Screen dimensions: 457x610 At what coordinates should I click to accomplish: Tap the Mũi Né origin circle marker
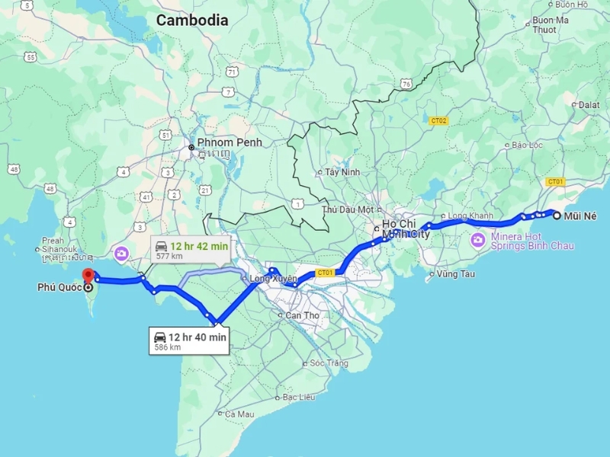pos(557,216)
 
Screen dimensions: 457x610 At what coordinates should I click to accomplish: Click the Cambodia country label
pos(192,21)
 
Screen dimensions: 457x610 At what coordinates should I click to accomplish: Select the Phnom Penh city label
pos(229,142)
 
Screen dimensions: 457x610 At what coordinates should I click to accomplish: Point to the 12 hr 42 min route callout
pos(191,250)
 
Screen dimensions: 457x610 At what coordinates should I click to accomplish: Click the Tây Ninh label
pos(342,172)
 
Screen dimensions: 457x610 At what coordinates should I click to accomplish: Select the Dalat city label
pos(589,104)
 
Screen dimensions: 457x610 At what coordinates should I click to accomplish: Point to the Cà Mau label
pos(239,414)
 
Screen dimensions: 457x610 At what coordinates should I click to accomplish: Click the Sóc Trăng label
pos(329,363)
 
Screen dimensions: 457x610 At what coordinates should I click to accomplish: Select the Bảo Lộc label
pos(526,145)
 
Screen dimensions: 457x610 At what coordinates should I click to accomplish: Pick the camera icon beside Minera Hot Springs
pos(478,241)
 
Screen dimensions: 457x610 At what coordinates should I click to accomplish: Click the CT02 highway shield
pos(438,121)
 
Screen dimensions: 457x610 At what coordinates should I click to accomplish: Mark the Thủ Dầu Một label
pos(348,209)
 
